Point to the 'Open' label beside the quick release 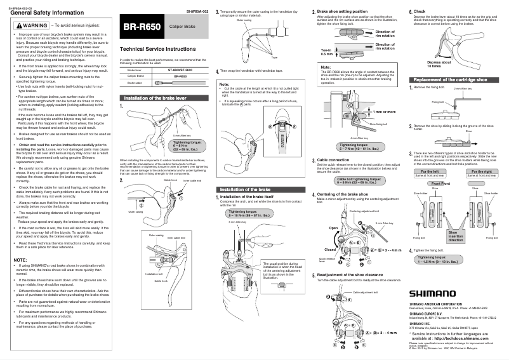[333, 245]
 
